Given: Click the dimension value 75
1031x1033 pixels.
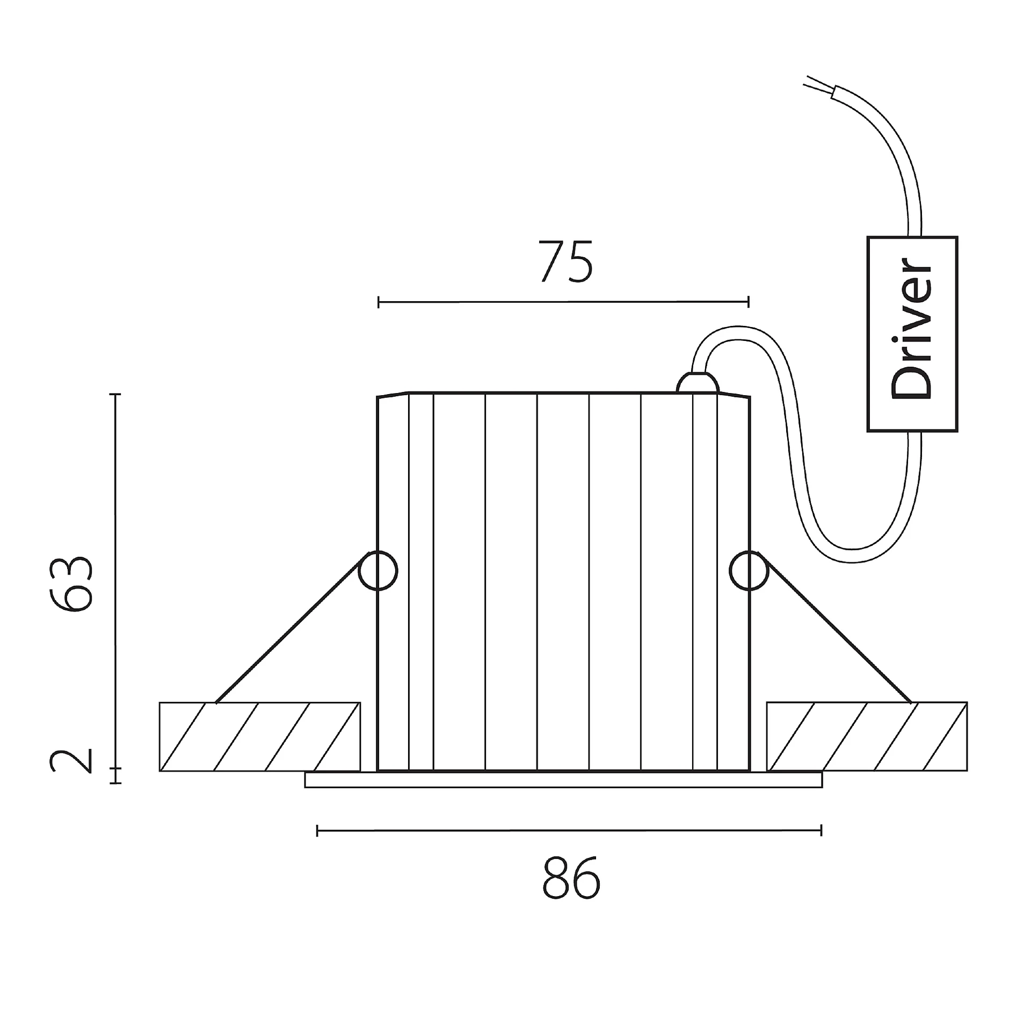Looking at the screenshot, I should tap(565, 263).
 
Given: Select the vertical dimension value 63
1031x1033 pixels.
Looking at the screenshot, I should tap(71, 584).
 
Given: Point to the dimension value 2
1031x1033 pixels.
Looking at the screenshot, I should tap(71, 761).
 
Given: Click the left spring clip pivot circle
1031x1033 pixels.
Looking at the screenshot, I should tap(378, 571).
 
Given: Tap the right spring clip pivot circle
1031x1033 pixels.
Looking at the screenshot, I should tap(749, 571).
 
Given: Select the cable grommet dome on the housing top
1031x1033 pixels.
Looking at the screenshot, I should tap(698, 383).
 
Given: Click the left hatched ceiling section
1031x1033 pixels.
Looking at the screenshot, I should tap(260, 737).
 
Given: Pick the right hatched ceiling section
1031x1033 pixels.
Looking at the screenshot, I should tap(867, 737).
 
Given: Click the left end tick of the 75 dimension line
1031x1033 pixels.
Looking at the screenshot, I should tap(379, 302).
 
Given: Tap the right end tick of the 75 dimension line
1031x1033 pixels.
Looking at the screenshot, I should tap(748, 302).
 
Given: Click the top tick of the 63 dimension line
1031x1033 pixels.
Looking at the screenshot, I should tap(115, 394).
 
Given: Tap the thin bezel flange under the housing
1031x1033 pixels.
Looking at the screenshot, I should tap(563, 780).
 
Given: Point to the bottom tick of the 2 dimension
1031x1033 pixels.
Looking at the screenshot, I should tap(115, 783).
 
